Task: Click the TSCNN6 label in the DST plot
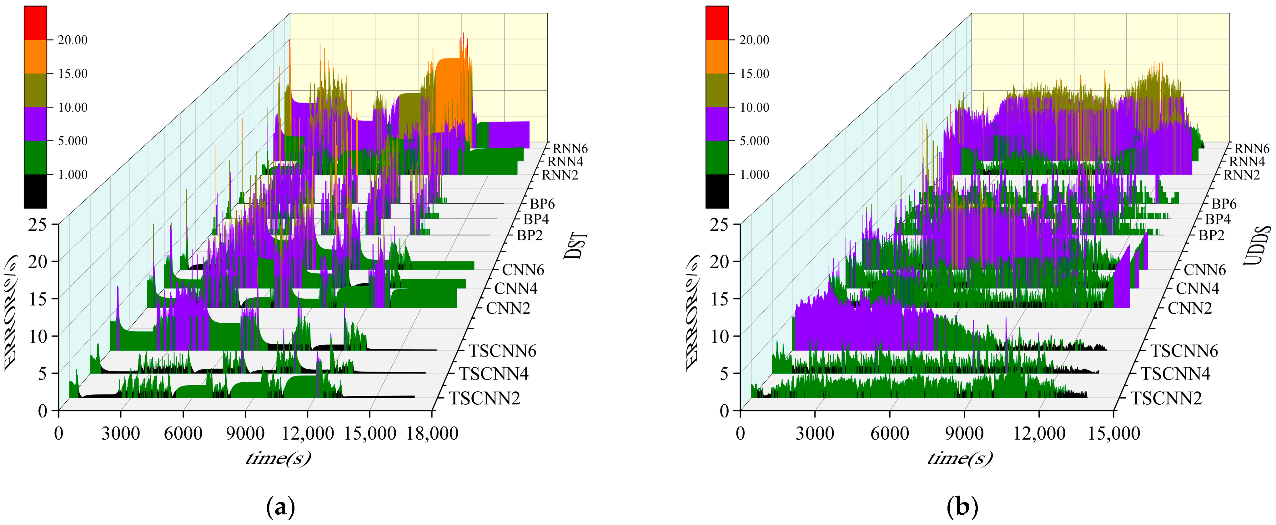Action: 502,351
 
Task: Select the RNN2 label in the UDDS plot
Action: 1241,175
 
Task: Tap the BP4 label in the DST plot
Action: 536,219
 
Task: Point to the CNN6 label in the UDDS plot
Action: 1205,270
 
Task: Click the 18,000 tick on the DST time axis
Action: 432,433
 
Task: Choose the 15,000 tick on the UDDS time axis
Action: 1113,433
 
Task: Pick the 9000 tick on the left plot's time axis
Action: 245,433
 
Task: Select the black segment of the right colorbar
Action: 717,191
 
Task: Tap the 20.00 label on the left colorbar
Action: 72,40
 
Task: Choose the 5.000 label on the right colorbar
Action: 754,141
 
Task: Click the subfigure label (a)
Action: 280,507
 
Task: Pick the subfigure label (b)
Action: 962,507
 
